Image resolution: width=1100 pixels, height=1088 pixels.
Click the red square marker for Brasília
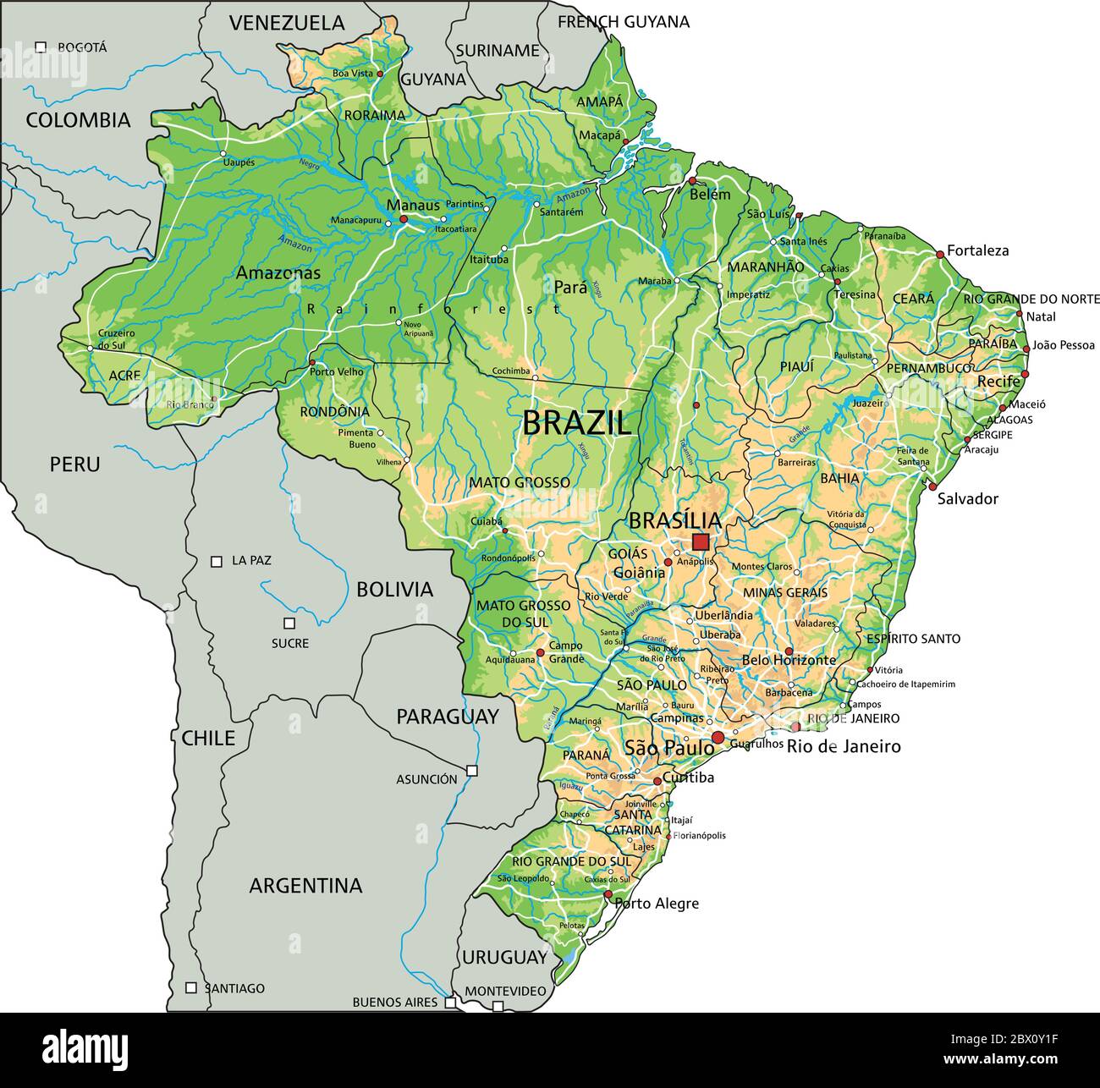[701, 541]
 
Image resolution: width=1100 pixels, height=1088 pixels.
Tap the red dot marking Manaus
[404, 219]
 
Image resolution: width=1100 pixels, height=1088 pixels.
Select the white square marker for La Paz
[217, 561]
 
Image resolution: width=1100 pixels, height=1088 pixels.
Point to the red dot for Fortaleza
[939, 254]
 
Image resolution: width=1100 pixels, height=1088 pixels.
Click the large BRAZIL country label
[576, 422]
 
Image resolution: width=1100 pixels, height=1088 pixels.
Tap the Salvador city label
[967, 499]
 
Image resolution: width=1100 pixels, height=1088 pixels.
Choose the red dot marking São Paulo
[718, 738]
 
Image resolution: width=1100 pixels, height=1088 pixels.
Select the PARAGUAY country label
[448, 717]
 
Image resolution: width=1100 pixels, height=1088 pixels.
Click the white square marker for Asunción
[472, 770]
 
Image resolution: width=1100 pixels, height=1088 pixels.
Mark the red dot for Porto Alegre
[608, 894]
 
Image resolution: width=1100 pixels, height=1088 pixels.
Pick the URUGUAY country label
[505, 958]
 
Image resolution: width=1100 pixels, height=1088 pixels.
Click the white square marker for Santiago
[191, 987]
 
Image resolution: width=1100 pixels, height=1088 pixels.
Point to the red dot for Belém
[692, 181]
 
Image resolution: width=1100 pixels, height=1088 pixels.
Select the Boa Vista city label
[352, 74]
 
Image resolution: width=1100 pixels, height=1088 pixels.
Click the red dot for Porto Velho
[311, 362]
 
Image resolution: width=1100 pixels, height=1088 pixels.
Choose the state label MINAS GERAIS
[785, 593]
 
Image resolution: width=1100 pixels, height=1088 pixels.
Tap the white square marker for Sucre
[289, 624]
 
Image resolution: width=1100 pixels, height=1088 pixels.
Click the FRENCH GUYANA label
[623, 22]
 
